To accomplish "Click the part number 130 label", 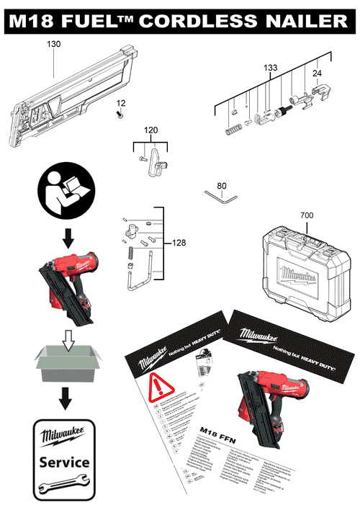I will click(53, 44).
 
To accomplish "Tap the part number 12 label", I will click(121, 103).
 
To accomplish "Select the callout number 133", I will click(270, 67).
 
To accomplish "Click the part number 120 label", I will click(150, 130).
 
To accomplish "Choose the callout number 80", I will click(221, 186).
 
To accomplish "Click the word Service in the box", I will click(64, 461).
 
